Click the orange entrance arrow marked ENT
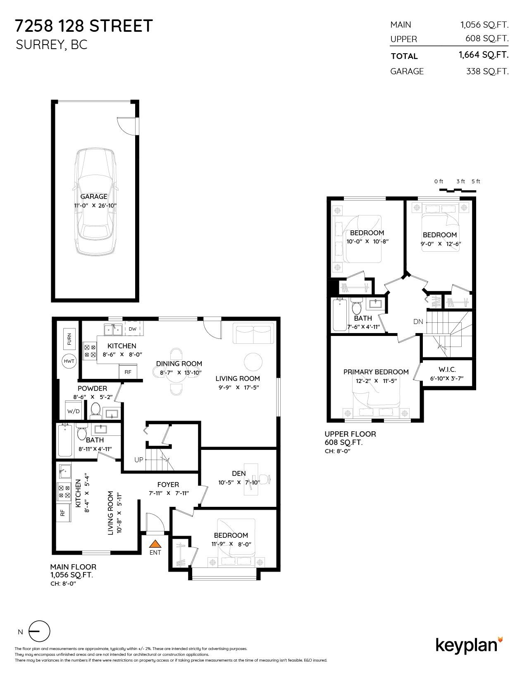click(x=155, y=544)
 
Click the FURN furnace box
click(x=69, y=339)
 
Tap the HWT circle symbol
click(x=69, y=361)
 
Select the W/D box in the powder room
click(x=74, y=411)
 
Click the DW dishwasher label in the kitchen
click(x=132, y=329)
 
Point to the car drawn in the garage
click(x=95, y=202)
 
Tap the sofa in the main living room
click(x=253, y=333)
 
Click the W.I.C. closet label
click(x=447, y=369)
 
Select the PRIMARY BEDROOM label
click(x=376, y=372)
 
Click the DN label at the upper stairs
click(x=418, y=322)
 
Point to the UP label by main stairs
click(x=138, y=459)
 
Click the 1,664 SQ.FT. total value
click(x=483, y=55)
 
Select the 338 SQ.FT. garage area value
click(x=487, y=71)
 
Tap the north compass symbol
click(x=39, y=631)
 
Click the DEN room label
click(x=238, y=473)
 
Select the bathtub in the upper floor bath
click(x=341, y=315)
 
